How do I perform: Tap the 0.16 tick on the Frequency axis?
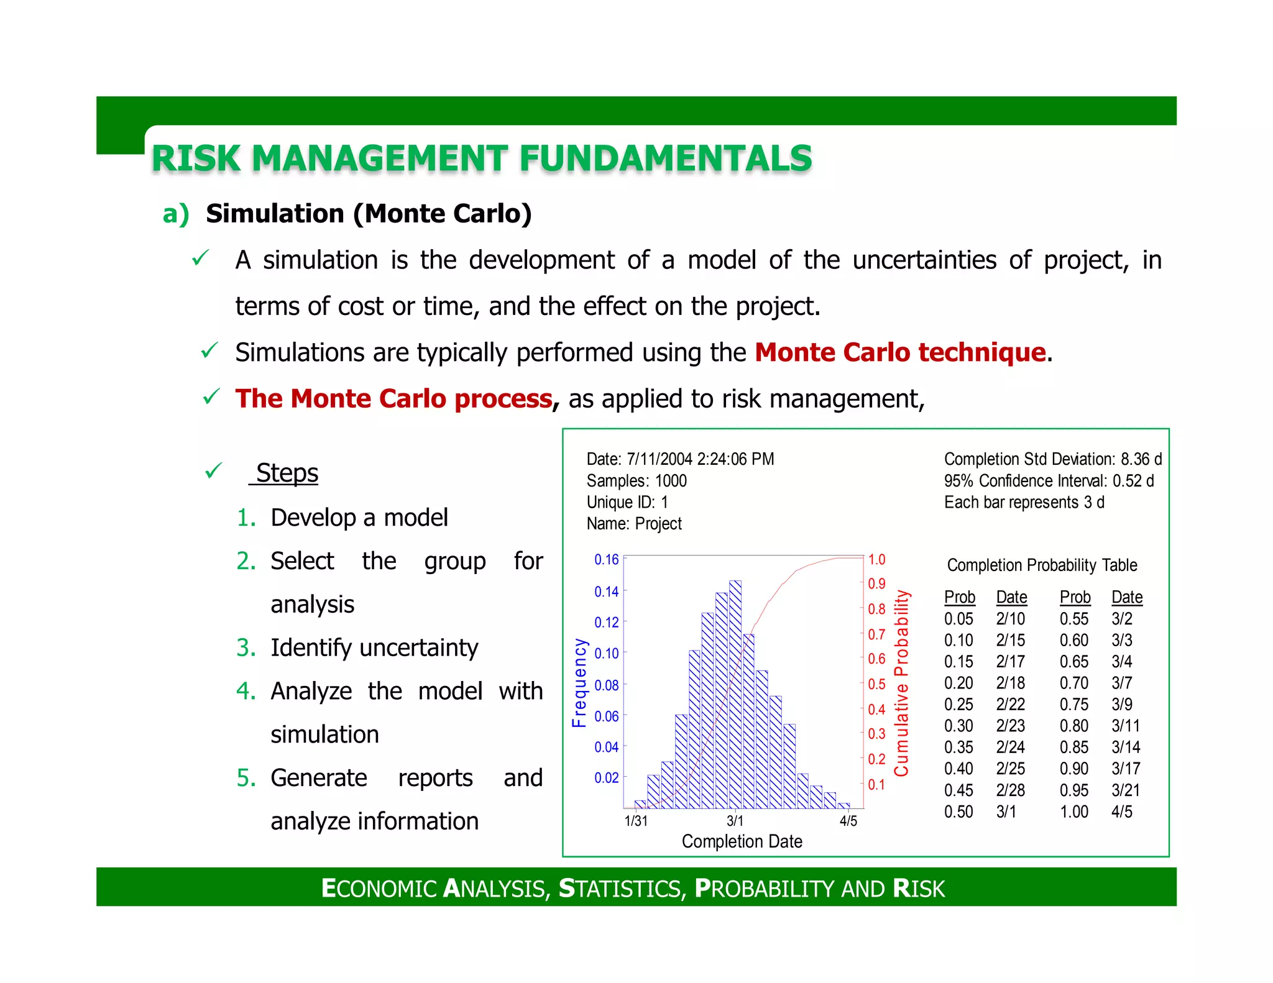tap(606, 559)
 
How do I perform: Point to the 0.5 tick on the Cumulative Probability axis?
tap(876, 684)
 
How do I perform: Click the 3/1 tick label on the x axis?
tap(735, 821)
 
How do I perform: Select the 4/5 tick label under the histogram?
tap(848, 821)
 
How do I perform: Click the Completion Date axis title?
tap(742, 841)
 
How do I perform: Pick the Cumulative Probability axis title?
tap(901, 683)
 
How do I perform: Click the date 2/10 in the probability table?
tap(1010, 619)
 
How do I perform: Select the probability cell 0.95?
tap(1074, 790)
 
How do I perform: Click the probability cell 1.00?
tap(1074, 812)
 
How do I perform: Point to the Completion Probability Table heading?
tap(1042, 565)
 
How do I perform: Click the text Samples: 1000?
tap(636, 481)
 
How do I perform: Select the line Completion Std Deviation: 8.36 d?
tap(1052, 459)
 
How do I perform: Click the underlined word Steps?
tap(287, 473)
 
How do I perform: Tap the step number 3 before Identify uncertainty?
tap(246, 647)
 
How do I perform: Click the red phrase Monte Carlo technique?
tap(900, 352)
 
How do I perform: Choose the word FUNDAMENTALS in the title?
tap(666, 158)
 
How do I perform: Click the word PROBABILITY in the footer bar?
tap(766, 889)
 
